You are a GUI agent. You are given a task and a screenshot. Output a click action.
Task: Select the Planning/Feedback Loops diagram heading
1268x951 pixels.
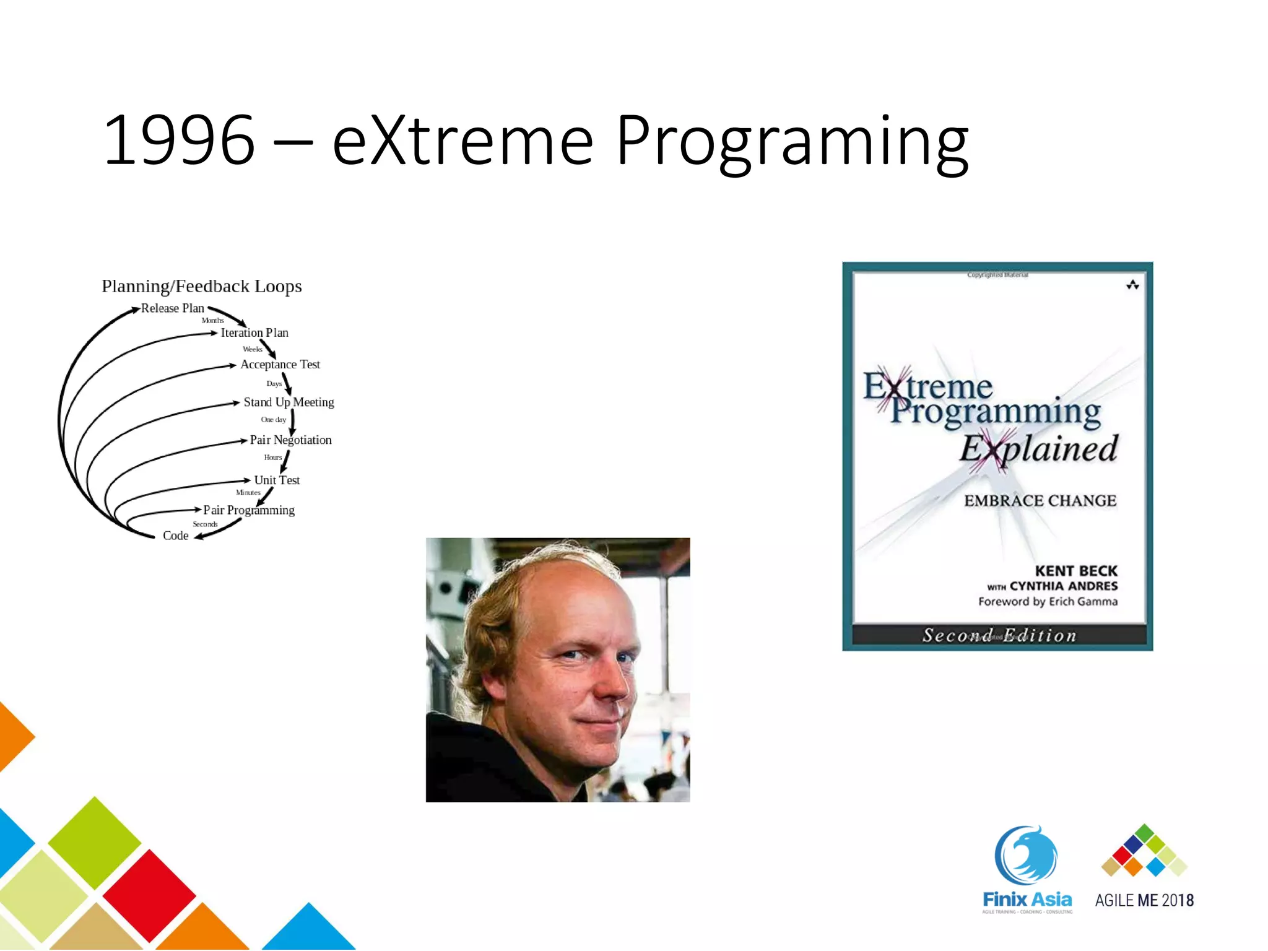(x=202, y=286)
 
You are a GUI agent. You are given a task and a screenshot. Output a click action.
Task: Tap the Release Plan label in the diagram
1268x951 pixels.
(x=172, y=308)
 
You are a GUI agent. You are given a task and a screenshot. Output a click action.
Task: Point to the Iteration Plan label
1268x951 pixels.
(x=254, y=333)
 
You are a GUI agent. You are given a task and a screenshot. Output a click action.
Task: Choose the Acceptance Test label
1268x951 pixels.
(x=280, y=365)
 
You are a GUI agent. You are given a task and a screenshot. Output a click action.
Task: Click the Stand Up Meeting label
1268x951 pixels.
(x=289, y=402)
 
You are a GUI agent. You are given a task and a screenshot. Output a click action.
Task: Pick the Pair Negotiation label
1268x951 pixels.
(x=290, y=440)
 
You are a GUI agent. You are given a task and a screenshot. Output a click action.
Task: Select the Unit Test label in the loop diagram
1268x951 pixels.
(x=277, y=480)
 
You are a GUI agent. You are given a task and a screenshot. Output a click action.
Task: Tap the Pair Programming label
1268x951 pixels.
(x=249, y=510)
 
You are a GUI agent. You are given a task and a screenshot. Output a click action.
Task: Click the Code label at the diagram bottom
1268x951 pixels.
(x=175, y=536)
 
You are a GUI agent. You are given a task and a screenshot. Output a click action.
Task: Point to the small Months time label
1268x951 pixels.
(x=212, y=321)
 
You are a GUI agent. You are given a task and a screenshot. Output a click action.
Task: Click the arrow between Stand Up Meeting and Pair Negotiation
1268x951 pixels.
(x=292, y=422)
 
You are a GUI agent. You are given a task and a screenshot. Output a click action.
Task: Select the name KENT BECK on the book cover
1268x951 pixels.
(x=1076, y=571)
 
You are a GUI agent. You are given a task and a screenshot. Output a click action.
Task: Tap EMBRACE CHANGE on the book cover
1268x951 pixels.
(x=1040, y=501)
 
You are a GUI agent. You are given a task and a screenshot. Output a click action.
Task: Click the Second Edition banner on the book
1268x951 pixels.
(x=999, y=635)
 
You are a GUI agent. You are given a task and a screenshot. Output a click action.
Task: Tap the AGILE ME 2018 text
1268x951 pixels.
(x=1144, y=900)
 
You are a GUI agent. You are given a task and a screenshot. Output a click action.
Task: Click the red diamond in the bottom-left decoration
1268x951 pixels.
(x=149, y=895)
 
